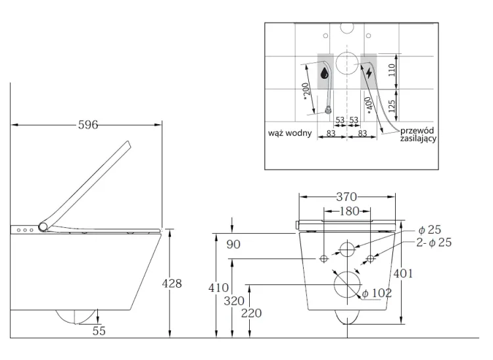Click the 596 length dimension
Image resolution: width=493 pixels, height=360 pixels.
click(x=86, y=125)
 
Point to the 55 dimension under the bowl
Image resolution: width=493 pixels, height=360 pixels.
click(x=99, y=330)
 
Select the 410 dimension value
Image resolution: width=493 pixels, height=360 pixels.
click(x=219, y=288)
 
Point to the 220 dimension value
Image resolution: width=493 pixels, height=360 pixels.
click(x=251, y=313)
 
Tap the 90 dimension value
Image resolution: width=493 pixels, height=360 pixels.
click(x=233, y=244)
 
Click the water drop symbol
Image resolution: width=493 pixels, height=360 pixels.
click(x=325, y=74)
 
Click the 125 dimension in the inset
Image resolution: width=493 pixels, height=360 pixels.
click(x=392, y=105)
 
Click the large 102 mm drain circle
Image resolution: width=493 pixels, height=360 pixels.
click(x=347, y=284)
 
